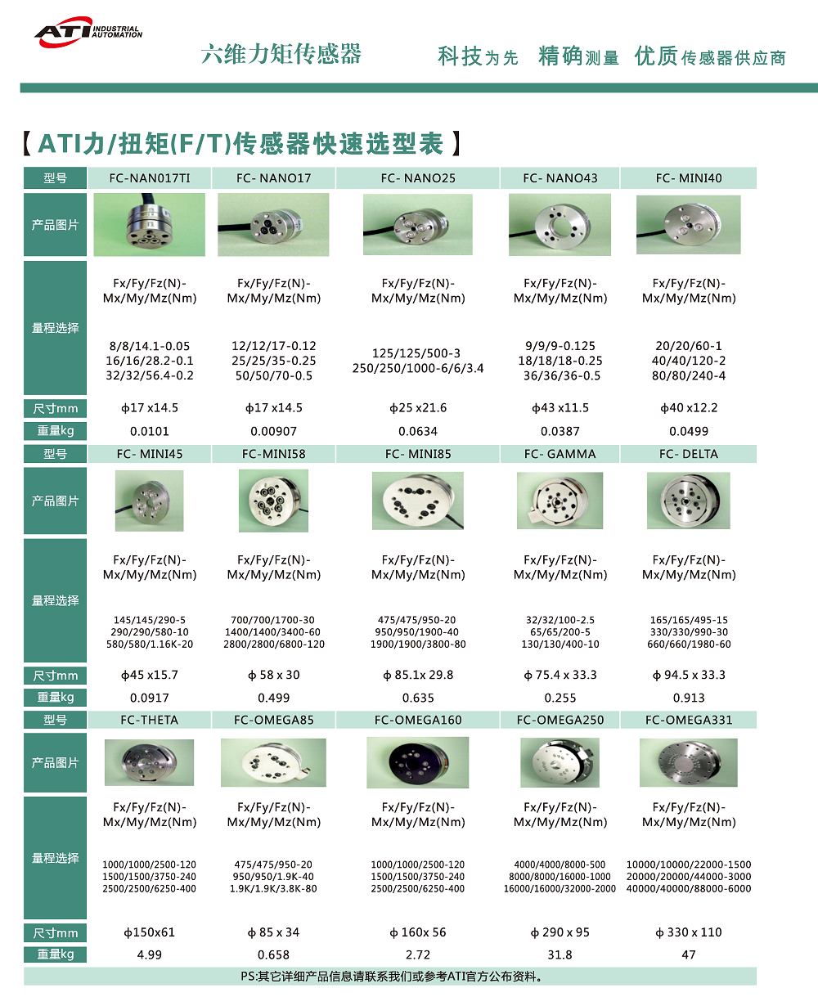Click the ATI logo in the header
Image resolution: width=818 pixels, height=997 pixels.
pyautogui.click(x=88, y=32)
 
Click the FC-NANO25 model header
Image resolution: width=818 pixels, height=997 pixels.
pyautogui.click(x=418, y=178)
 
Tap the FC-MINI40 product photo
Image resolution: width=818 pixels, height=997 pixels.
pyautogui.click(x=689, y=223)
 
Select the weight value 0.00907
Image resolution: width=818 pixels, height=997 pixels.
pyautogui.click(x=274, y=431)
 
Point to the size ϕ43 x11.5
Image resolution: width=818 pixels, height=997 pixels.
pyautogui.click(x=560, y=408)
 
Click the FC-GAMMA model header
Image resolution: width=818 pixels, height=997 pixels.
pyautogui.click(x=560, y=454)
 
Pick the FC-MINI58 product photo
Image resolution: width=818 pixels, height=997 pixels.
pyautogui.click(x=273, y=501)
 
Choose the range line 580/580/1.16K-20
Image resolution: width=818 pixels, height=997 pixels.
pyautogui.click(x=150, y=644)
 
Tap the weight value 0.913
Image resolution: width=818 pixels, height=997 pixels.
pyautogui.click(x=689, y=698)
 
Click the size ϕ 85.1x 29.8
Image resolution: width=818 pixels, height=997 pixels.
pyautogui.click(x=418, y=676)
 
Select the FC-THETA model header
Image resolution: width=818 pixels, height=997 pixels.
pyautogui.click(x=150, y=721)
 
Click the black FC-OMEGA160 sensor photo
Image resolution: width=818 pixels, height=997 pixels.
pyautogui.click(x=418, y=762)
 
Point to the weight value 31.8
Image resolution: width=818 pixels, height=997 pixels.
pyautogui.click(x=560, y=954)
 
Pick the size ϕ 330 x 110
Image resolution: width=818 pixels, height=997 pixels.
pyautogui.click(x=689, y=932)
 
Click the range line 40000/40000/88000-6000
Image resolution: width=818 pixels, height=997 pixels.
pyautogui.click(x=689, y=889)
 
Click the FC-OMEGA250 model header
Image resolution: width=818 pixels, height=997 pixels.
pyautogui.click(x=560, y=721)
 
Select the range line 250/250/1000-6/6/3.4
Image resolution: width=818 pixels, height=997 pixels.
pyautogui.click(x=418, y=369)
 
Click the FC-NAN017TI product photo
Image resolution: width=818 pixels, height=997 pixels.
pyautogui.click(x=150, y=223)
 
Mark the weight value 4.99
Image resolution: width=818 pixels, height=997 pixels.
pyautogui.click(x=150, y=954)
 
